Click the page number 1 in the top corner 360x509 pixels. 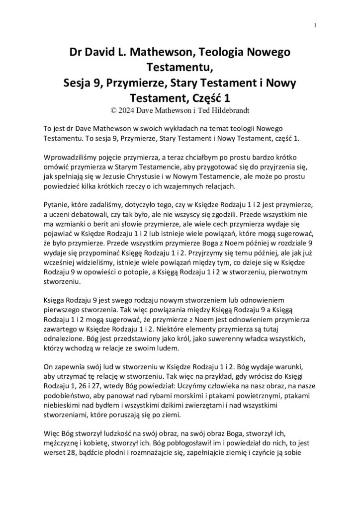pos(316,25)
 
